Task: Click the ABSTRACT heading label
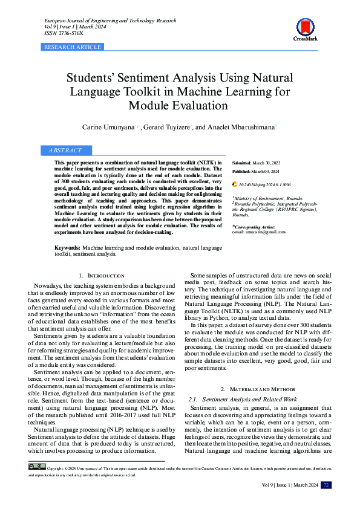pyautogui.click(x=65, y=150)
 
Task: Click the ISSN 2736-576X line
pyautogui.click(x=64, y=33)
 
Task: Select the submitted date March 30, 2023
pyautogui.click(x=267, y=163)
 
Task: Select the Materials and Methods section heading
pyautogui.click(x=257, y=388)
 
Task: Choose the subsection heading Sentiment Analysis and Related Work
pyautogui.click(x=249, y=400)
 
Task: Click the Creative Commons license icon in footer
pyautogui.click(x=37, y=466)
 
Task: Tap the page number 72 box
pyautogui.click(x=326, y=485)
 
